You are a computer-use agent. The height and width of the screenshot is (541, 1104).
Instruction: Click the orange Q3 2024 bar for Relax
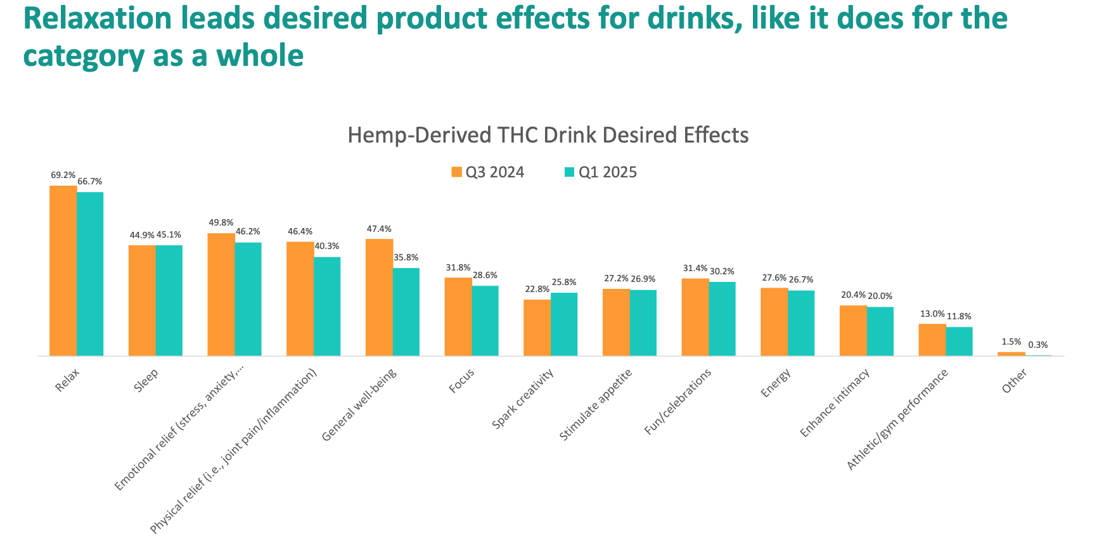click(x=63, y=270)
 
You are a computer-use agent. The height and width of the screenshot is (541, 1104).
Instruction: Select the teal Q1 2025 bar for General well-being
click(x=406, y=312)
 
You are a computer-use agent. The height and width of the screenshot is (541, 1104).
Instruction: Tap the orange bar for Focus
click(x=458, y=317)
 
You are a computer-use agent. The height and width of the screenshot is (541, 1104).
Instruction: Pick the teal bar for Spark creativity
click(x=564, y=324)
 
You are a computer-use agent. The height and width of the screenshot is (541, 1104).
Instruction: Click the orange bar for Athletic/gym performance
click(x=932, y=340)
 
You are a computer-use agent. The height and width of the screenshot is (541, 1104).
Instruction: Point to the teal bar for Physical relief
click(x=327, y=307)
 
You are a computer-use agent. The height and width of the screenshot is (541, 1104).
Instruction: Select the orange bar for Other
click(x=1011, y=354)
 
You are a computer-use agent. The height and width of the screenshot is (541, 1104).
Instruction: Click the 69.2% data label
click(x=63, y=175)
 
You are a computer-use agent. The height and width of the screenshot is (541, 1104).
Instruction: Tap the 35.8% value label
click(x=406, y=258)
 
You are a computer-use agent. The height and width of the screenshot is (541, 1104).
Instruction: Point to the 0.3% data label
click(x=1038, y=345)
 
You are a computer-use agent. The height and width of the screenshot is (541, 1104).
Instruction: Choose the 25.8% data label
click(x=564, y=282)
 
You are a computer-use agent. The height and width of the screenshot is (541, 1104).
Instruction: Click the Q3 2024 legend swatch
click(x=456, y=172)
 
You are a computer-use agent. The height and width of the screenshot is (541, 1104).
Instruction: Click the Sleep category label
click(x=146, y=380)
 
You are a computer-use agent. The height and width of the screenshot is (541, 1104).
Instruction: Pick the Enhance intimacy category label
click(x=835, y=402)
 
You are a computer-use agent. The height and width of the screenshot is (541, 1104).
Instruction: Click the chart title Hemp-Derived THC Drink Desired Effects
click(x=548, y=135)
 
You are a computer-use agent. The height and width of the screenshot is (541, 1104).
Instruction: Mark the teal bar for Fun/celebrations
click(x=722, y=319)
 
